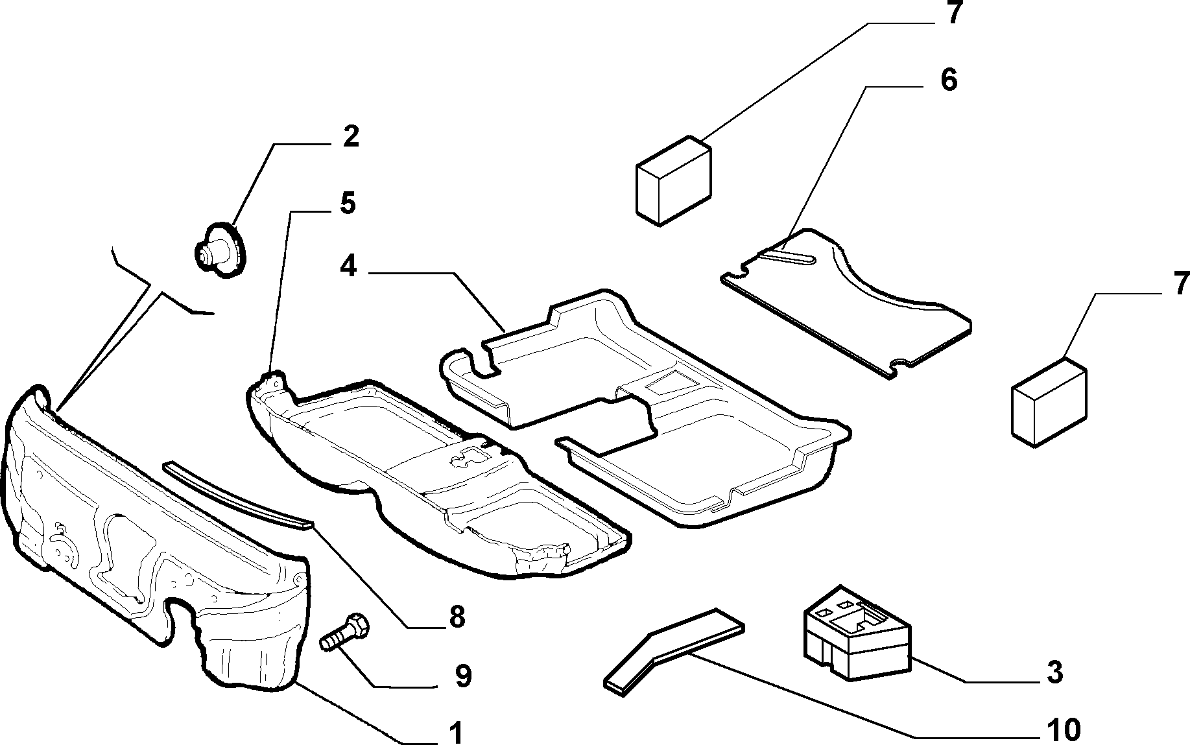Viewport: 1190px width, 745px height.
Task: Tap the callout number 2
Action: pos(351,137)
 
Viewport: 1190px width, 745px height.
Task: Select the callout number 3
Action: pos(1055,673)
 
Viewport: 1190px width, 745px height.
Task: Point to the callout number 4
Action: pos(349,266)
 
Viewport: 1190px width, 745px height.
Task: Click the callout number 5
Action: pos(348,204)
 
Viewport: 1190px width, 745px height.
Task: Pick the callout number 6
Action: pos(948,80)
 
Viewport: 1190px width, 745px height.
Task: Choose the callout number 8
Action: pos(457,617)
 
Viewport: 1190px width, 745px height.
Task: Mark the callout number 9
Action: pos(462,676)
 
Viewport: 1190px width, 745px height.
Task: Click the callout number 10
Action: pos(1064,730)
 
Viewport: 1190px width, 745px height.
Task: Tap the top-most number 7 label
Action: pos(952,13)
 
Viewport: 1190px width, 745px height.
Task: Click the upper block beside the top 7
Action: pos(674,180)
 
